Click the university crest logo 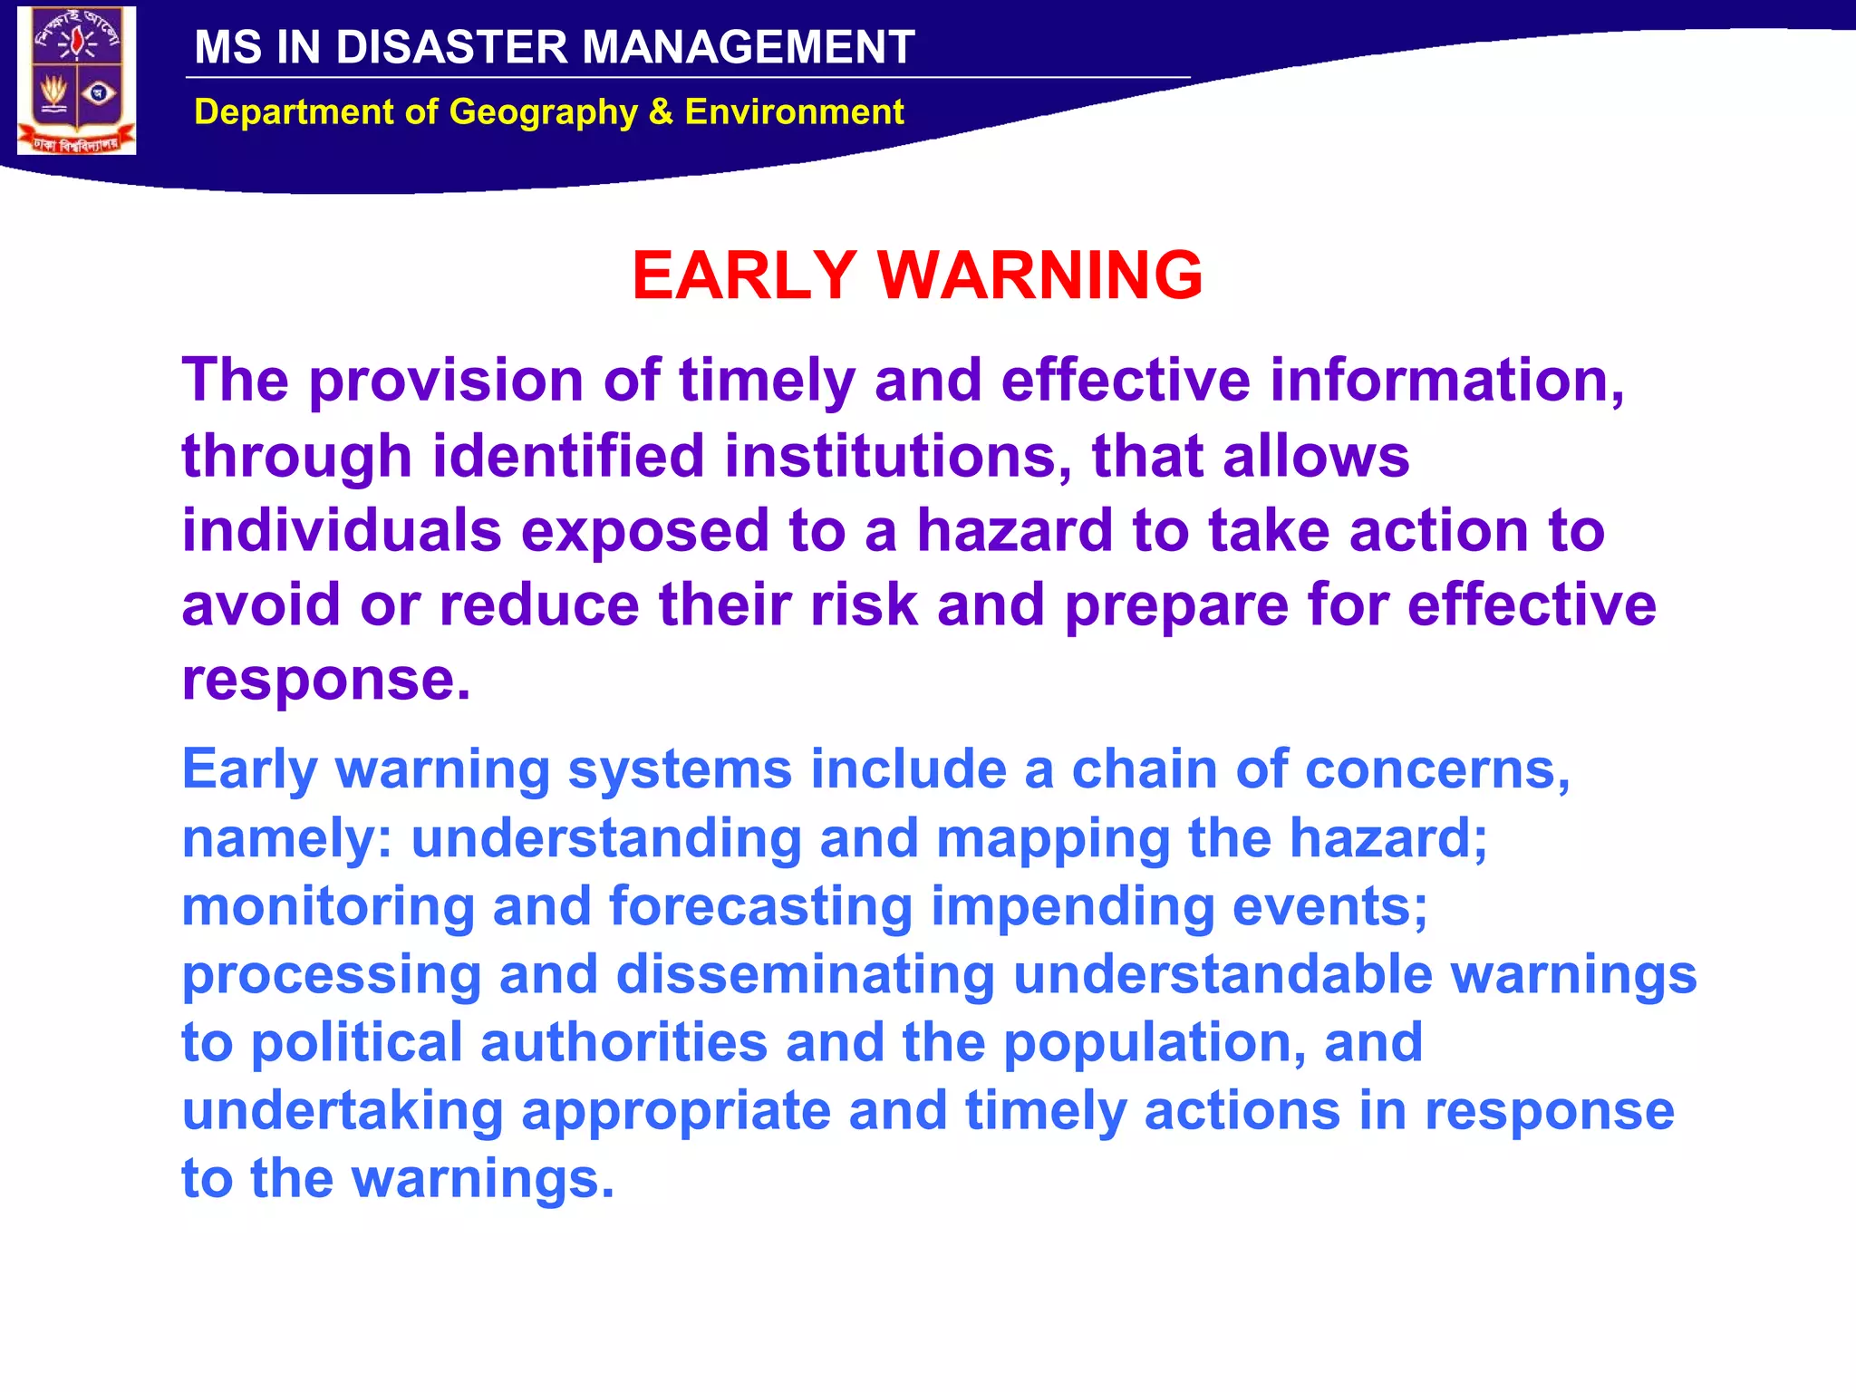click(77, 81)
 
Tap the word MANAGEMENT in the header click(748, 47)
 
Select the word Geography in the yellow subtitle click(544, 112)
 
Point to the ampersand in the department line click(661, 112)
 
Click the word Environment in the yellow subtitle click(794, 112)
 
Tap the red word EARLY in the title click(744, 275)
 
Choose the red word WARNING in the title click(1040, 275)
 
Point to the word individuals click(342, 531)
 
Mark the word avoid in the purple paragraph click(261, 605)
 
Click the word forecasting click(760, 907)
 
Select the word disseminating click(805, 975)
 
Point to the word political click(356, 1043)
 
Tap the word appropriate click(676, 1111)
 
